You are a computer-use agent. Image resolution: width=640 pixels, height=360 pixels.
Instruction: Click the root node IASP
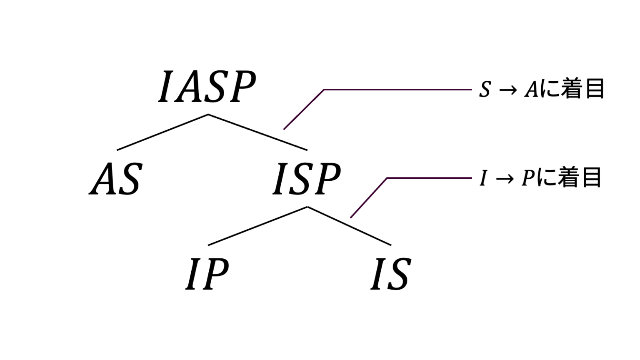[x=207, y=87]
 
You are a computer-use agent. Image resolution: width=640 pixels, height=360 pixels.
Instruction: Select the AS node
[x=116, y=180]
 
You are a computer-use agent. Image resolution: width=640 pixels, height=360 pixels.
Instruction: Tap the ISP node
[x=307, y=180]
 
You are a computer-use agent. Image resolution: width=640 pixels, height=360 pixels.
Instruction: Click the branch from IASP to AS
[x=162, y=132]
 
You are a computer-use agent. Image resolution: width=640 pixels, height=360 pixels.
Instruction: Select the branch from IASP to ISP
[x=257, y=132]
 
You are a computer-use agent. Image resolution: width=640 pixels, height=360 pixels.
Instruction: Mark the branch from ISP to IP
[x=257, y=226]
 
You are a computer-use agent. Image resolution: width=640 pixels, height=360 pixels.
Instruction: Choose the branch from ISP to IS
[x=349, y=226]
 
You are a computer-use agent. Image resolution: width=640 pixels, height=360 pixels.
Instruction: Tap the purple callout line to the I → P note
[x=429, y=178]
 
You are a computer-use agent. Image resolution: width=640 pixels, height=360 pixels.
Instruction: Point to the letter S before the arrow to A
[x=485, y=90]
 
